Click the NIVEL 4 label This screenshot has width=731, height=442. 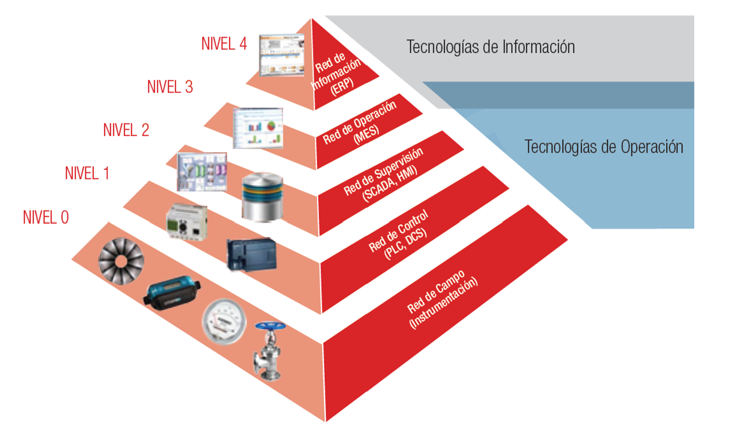pos(224,44)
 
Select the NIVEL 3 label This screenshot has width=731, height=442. pos(170,87)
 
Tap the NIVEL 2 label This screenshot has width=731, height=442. pos(126,129)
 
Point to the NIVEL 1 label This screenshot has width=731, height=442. pos(87,172)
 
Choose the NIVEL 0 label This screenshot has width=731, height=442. pos(46,217)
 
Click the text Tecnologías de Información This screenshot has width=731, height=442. pos(490,47)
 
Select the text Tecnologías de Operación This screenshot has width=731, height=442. pos(603,147)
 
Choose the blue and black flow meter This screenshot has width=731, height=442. pos(172,294)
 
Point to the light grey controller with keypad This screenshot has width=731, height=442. pos(187,222)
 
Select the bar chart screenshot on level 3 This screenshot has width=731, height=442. pos(258,128)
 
